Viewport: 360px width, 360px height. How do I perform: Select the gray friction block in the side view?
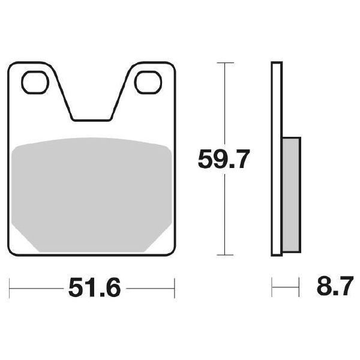tap(290, 192)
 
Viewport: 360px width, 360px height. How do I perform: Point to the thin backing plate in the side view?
tap(275, 156)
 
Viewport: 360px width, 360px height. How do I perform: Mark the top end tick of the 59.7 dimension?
tap(224, 62)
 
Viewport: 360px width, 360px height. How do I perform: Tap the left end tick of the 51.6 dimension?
tap(11, 289)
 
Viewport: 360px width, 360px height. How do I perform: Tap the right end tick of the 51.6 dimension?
tap(174, 289)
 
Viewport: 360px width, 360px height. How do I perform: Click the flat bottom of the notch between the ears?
tap(91, 119)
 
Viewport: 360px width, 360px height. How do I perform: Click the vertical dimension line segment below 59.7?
tap(224, 216)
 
